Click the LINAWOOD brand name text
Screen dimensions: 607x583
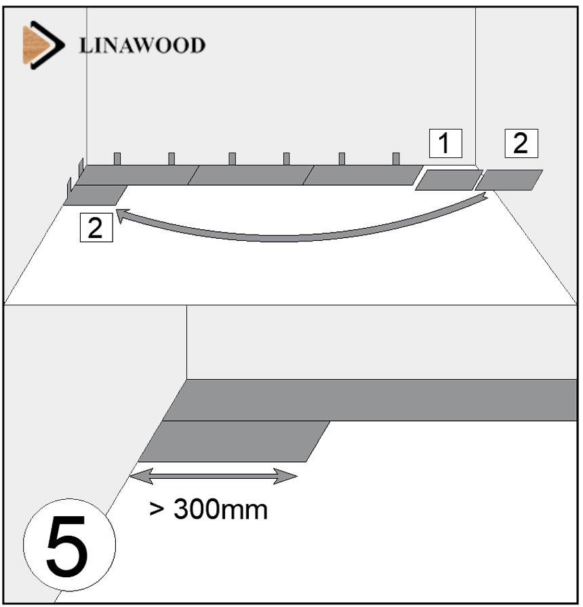tap(142, 45)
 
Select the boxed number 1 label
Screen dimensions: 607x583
tap(444, 143)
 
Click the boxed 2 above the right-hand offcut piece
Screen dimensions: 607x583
tap(521, 143)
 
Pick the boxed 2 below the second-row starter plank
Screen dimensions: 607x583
tap(95, 227)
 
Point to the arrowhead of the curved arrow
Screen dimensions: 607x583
tap(123, 215)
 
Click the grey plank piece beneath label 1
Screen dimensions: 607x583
tap(448, 180)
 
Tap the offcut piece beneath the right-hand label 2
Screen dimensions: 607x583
tap(509, 179)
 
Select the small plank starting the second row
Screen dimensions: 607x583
tap(96, 195)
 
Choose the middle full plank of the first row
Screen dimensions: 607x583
tap(251, 175)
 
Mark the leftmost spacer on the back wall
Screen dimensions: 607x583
tap(117, 159)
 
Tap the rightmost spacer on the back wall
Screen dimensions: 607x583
tap(396, 159)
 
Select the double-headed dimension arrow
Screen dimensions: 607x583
tap(213, 477)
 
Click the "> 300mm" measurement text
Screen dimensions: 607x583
tap(208, 509)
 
